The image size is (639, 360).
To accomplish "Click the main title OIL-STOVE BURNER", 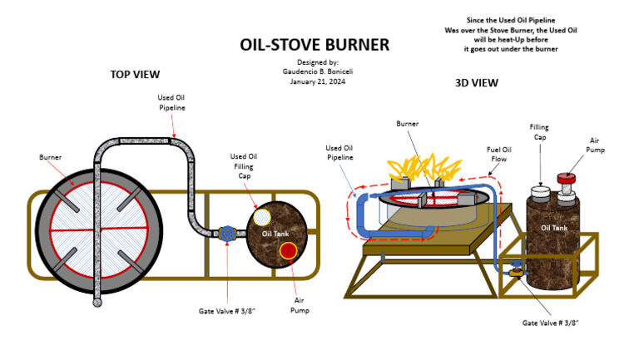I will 315,45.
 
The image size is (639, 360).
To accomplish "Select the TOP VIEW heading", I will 135,75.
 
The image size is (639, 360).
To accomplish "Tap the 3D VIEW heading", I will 477,83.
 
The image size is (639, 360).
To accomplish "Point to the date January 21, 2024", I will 317,81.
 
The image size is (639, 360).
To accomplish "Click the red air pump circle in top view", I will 288,250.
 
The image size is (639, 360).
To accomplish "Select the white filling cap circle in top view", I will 261,218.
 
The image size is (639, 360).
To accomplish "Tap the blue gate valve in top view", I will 226,234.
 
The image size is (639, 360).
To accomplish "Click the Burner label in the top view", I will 50,156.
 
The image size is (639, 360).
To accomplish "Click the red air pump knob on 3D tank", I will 567,177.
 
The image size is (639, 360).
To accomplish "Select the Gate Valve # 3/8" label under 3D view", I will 550,322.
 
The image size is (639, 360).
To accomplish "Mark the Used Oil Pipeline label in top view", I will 171,102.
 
